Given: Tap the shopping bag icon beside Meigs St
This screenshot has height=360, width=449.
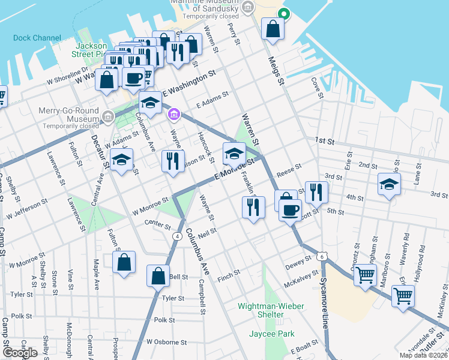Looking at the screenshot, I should point(273,29).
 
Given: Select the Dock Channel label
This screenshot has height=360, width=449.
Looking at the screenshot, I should point(37,38).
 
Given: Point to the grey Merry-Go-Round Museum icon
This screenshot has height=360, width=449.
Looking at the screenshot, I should point(108,116).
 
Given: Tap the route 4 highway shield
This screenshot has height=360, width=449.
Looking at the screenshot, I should point(177,236).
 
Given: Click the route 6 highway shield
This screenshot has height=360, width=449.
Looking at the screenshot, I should point(322,256).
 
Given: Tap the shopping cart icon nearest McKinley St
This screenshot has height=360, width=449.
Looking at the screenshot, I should point(402,296).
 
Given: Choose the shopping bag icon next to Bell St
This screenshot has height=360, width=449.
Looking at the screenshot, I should point(158,277).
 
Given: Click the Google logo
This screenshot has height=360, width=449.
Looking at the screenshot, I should point(20,353).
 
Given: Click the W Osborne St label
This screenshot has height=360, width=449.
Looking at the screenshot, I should point(167,342).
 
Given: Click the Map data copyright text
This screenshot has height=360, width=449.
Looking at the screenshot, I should point(425,355).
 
